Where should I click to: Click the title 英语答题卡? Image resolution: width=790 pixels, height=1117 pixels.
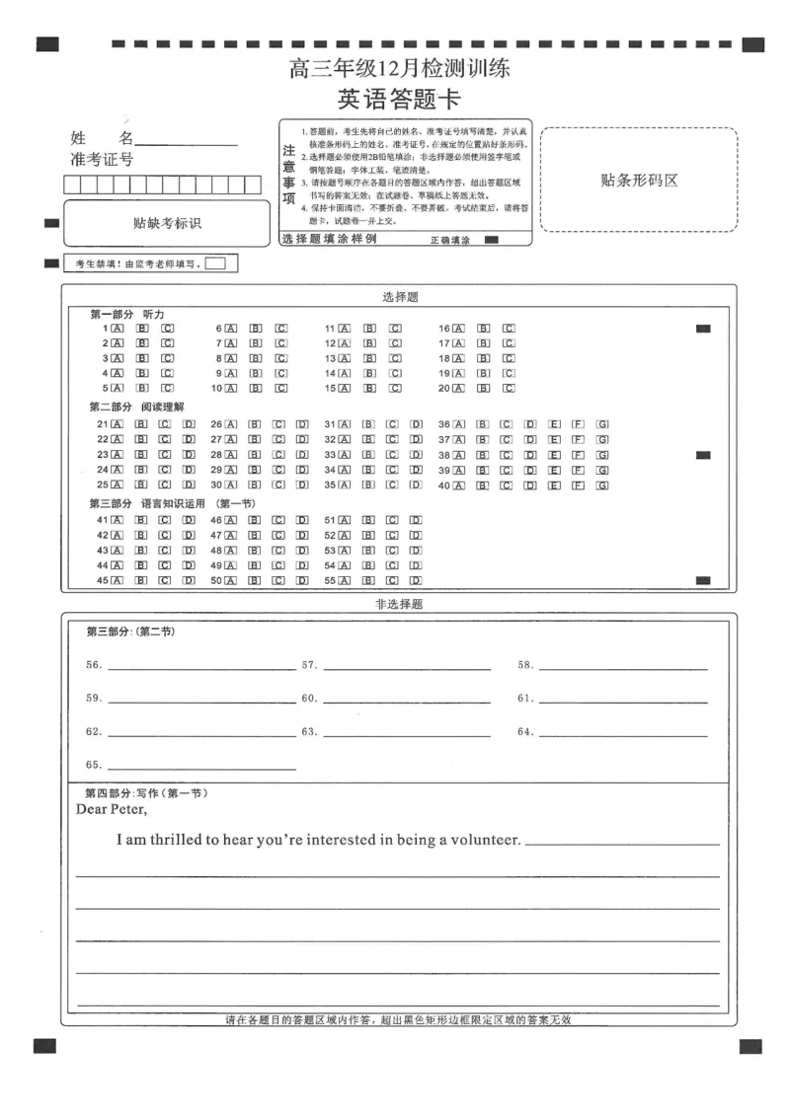[x=399, y=100]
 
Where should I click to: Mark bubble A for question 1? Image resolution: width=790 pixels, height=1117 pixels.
[x=117, y=328]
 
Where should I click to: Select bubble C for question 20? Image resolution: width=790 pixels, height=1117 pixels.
[x=509, y=389]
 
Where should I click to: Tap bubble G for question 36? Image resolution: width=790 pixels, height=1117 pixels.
[x=602, y=424]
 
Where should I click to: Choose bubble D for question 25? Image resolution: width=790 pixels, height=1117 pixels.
[x=189, y=485]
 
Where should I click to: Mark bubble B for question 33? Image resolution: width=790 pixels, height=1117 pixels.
[x=368, y=455]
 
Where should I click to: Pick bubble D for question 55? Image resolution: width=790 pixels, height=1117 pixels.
[x=416, y=581]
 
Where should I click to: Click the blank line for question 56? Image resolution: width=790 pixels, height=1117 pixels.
[x=201, y=669]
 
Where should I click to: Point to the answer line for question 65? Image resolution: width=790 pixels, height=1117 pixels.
[x=201, y=769]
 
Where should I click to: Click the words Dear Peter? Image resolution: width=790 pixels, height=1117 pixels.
[x=112, y=810]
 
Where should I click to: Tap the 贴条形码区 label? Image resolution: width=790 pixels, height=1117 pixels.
[x=639, y=181]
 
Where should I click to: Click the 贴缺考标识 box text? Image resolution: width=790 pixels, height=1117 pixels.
[x=167, y=223]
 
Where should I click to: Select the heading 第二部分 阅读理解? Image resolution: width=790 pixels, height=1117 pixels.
[x=137, y=407]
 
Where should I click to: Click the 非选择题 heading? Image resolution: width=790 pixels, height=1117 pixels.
[x=399, y=604]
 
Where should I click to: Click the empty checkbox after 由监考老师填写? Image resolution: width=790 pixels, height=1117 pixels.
[x=215, y=263]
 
